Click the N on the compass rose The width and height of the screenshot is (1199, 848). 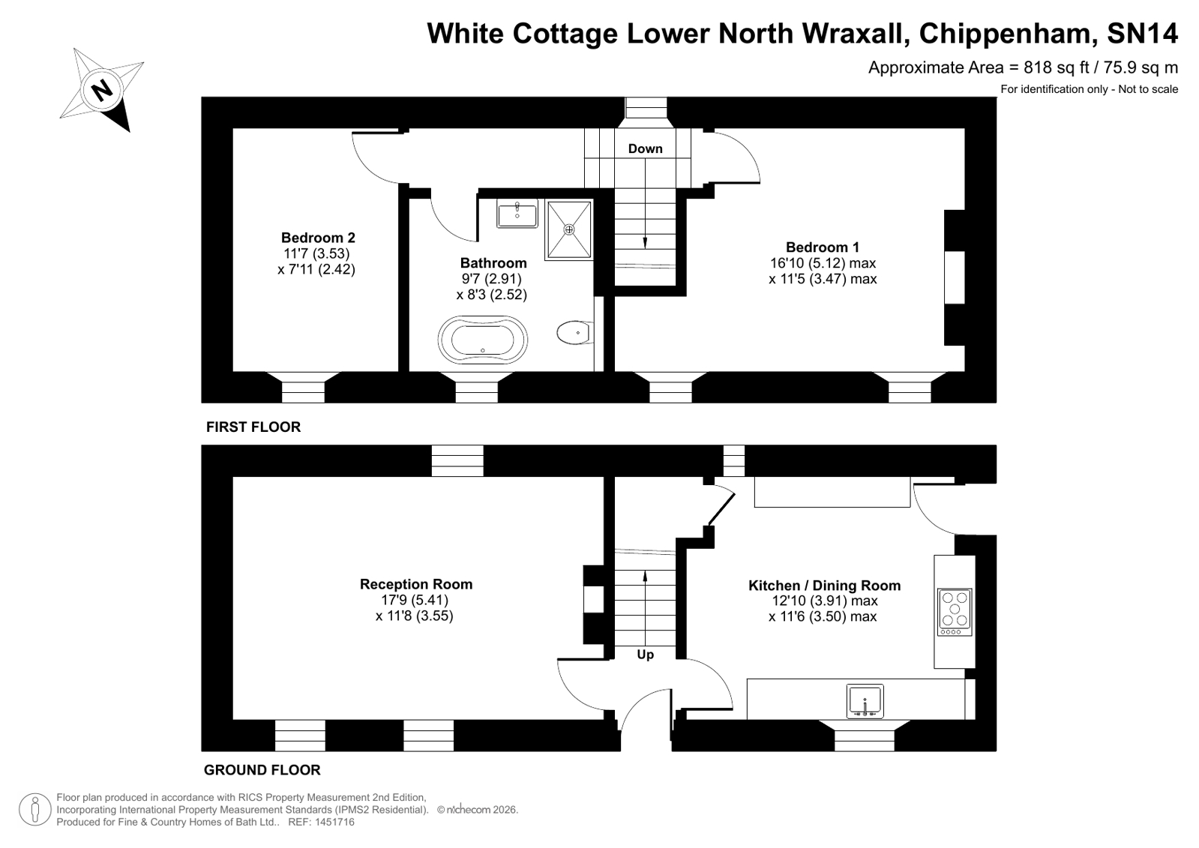[x=102, y=89]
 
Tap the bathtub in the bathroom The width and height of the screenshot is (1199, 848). [x=482, y=340]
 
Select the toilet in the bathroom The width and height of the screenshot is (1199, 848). [x=575, y=333]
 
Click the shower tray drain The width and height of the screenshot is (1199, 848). [x=569, y=229]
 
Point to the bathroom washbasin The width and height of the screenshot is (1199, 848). [x=517, y=214]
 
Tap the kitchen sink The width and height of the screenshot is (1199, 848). [x=865, y=701]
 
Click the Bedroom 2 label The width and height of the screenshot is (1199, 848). [x=318, y=238]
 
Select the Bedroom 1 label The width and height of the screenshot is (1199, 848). [x=822, y=247]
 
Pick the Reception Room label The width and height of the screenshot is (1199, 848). [x=416, y=584]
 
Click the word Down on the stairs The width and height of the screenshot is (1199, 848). [x=645, y=148]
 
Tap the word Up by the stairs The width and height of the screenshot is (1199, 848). [x=645, y=655]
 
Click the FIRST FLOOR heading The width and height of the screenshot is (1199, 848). [x=253, y=427]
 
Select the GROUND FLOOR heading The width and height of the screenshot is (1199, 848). [x=262, y=770]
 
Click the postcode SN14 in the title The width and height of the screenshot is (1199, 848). [x=1142, y=33]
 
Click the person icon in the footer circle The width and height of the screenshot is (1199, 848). [x=34, y=809]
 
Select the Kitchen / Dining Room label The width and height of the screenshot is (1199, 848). [x=824, y=586]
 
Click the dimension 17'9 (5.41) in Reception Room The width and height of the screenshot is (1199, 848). [x=415, y=600]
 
